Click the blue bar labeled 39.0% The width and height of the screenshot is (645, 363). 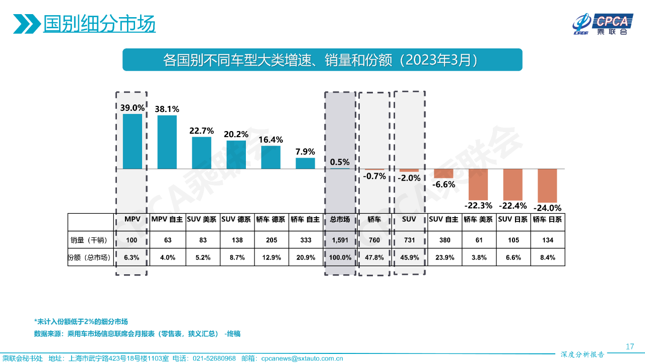click(x=133, y=141)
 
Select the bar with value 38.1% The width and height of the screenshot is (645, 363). click(x=167, y=142)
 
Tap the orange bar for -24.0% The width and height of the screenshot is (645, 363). click(x=547, y=186)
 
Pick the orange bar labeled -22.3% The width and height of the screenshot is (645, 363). click(x=478, y=185)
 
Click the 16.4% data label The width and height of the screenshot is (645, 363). click(x=270, y=140)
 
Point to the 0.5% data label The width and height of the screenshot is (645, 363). click(x=340, y=162)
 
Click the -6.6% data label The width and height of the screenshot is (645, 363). click(x=443, y=185)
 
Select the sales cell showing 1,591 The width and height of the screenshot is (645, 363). click(x=340, y=240)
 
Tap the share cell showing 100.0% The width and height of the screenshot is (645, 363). click(x=340, y=257)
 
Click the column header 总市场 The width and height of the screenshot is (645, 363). click(x=340, y=220)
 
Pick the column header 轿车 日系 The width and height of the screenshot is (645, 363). click(x=547, y=220)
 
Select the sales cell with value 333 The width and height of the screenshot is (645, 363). click(x=305, y=240)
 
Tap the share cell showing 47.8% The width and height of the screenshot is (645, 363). click(x=374, y=257)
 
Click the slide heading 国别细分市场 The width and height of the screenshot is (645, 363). click(x=99, y=24)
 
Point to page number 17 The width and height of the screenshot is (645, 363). click(x=629, y=346)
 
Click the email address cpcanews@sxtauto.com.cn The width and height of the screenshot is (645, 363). click(x=302, y=358)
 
